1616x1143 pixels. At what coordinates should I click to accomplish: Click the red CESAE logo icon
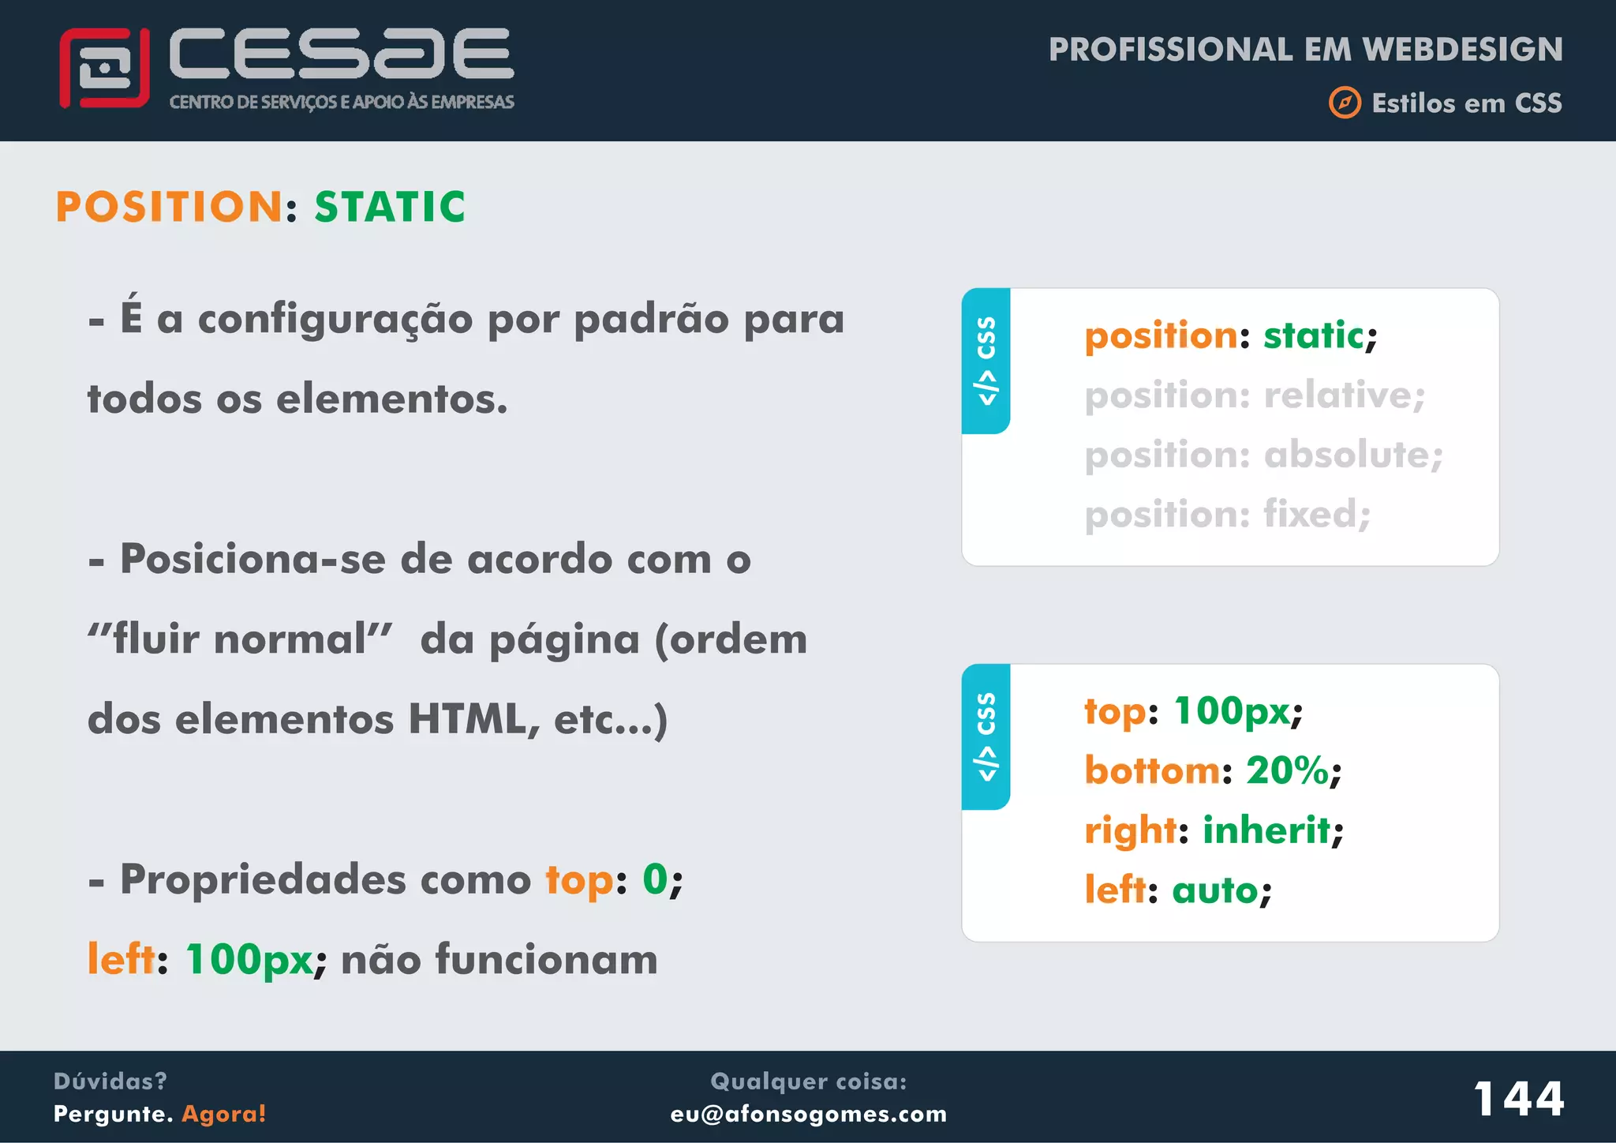104,68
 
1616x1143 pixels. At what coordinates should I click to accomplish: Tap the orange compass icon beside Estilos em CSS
1345,103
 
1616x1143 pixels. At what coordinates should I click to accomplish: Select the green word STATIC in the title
390,208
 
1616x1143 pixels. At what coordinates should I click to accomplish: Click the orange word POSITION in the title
169,208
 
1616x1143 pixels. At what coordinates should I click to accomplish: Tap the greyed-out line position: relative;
1255,395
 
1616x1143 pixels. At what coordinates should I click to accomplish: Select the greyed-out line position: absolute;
1263,455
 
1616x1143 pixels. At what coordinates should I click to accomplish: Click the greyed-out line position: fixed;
1228,515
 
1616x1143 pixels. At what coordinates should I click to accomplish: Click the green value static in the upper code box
1313,336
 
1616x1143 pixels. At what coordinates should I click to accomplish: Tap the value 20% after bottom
1287,770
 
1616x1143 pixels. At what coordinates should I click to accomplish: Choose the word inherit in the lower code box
1266,830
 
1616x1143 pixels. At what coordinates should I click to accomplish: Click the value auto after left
1215,890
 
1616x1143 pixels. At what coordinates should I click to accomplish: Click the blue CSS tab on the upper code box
986,361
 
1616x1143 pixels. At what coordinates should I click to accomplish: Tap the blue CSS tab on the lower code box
986,736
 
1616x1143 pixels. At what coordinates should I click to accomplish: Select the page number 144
1518,1099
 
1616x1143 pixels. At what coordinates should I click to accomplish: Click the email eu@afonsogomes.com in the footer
808,1114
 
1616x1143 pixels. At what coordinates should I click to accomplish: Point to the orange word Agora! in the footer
224,1114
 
